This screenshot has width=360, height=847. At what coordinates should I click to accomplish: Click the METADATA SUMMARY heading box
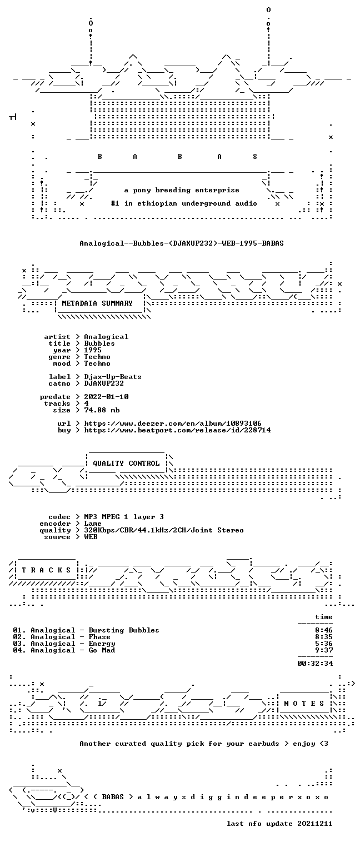pos(97,303)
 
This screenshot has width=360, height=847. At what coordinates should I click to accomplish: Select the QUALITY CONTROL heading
pos(126,464)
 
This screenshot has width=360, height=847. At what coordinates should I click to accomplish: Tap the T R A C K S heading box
pos(47,570)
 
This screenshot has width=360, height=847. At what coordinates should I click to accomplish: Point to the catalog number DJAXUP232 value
pos(104,383)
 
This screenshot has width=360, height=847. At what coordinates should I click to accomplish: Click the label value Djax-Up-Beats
pos(113,377)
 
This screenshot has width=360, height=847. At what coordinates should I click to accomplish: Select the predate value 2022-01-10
pos(106,397)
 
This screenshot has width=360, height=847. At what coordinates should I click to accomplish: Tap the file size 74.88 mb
pos(102,410)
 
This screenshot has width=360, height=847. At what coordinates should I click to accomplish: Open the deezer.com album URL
pos(173,423)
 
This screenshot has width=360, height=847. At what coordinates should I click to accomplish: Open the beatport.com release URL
pos(177,430)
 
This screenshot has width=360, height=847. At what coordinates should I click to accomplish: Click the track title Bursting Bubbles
pos(124,630)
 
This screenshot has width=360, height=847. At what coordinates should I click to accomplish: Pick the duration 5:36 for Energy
pos(324,644)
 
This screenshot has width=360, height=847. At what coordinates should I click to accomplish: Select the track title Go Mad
pos(102,650)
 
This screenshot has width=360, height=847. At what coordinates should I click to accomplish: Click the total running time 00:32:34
pos(315,663)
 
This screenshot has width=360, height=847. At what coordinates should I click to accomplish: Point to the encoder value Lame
pos(93,524)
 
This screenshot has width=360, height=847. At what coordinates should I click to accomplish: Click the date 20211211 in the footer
pos(315,824)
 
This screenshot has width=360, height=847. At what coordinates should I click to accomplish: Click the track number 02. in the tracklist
pos(19,637)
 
